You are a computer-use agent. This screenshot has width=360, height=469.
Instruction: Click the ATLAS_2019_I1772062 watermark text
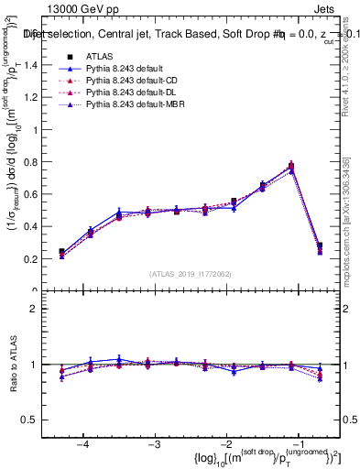pyautogui.click(x=190, y=274)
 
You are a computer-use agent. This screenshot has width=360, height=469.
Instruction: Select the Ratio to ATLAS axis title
pyautogui.click(x=13, y=376)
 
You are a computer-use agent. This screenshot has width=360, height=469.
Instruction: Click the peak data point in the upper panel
pyautogui.click(x=291, y=166)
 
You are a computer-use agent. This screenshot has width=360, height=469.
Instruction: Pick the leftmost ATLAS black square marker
pyautogui.click(x=61, y=251)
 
